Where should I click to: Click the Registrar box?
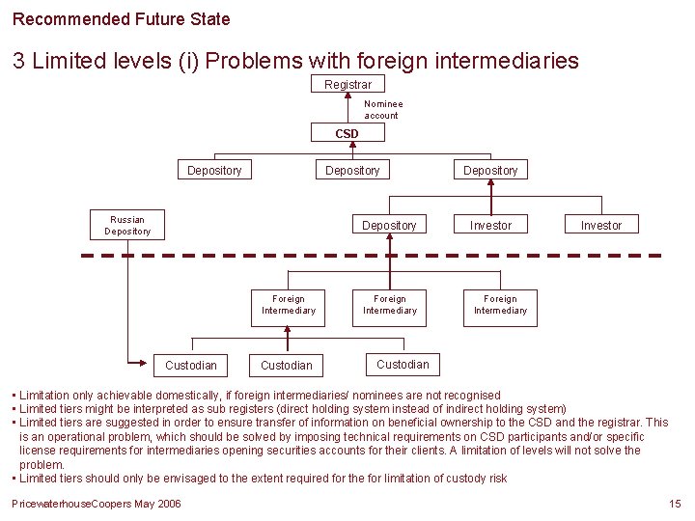(347, 85)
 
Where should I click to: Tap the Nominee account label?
(382, 109)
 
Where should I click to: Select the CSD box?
(347, 133)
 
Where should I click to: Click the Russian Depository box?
(127, 225)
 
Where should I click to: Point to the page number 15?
(675, 505)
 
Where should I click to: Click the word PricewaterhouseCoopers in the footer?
(67, 505)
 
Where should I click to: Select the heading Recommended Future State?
(122, 18)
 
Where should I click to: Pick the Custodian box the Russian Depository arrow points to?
(191, 365)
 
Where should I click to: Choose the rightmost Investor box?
(601, 225)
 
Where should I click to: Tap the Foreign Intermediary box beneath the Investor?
(500, 305)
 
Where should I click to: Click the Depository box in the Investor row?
(389, 225)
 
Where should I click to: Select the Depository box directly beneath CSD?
(352, 170)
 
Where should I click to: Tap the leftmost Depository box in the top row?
(214, 170)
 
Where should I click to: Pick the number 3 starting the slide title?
(19, 61)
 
